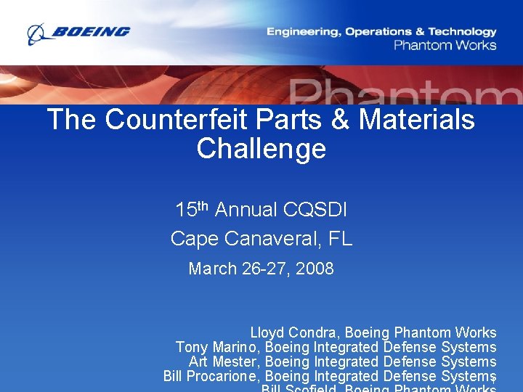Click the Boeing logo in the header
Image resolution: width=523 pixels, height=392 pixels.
tap(78, 33)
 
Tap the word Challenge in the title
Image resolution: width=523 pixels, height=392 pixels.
tap(261, 149)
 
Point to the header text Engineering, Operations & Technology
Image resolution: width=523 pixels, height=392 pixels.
tap(381, 31)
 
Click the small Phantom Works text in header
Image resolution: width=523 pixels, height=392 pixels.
tap(445, 45)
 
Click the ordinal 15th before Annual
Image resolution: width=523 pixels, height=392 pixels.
tap(192, 210)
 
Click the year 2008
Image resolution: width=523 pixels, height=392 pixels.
tap(315, 269)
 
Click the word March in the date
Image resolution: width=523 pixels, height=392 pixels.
tap(213, 269)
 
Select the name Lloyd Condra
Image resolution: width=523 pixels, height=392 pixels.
tap(296, 332)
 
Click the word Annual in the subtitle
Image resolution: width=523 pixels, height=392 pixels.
tap(246, 211)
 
